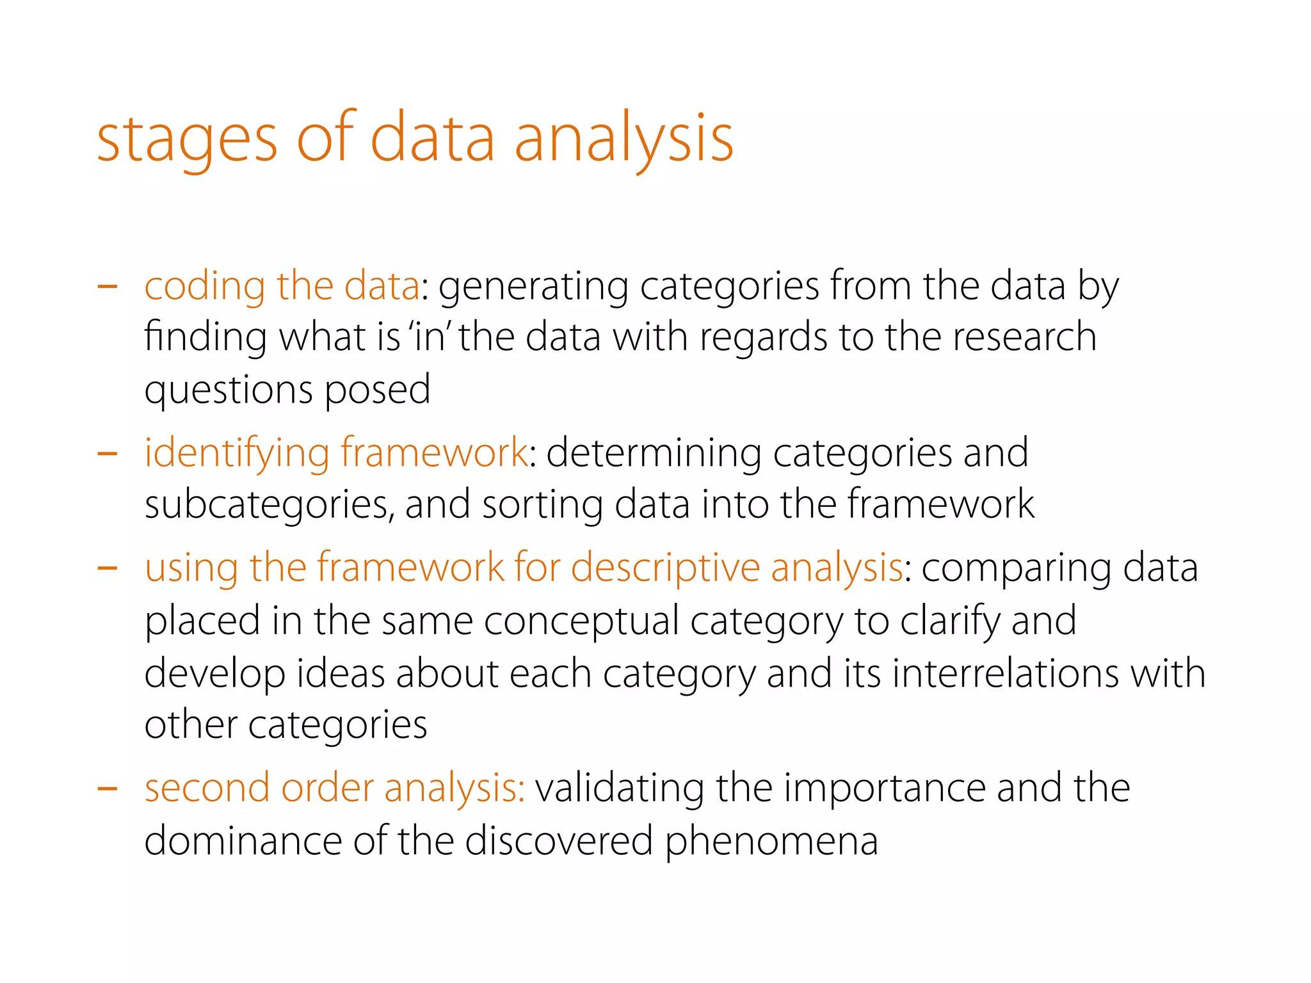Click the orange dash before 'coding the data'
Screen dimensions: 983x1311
107,286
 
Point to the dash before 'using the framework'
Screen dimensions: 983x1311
107,568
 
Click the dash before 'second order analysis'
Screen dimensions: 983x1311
107,788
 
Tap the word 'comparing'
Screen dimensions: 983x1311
1016,569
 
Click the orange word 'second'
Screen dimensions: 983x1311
207,788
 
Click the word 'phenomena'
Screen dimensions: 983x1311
771,842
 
